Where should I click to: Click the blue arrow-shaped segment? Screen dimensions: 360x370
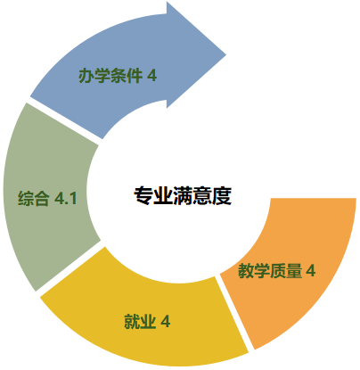(125, 74)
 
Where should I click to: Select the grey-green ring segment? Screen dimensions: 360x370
(47, 196)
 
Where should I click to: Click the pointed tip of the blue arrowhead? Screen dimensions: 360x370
(226, 54)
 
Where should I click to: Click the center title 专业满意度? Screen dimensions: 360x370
(183, 196)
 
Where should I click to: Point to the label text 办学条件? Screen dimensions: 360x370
(110, 76)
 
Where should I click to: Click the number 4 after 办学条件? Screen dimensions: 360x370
(151, 76)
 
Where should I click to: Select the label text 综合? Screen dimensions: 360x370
(33, 198)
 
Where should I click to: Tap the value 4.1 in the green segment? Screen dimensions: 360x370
(66, 198)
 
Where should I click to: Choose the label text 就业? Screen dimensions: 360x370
(140, 321)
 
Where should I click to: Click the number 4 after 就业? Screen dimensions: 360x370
(166, 321)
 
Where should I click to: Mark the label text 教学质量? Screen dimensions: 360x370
(270, 271)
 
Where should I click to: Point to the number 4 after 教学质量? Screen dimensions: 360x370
(311, 271)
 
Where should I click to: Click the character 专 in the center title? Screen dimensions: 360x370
(143, 196)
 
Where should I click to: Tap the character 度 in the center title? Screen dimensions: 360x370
(222, 196)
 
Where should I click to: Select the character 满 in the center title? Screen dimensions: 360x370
(183, 196)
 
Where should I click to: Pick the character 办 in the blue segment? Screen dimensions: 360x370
(86, 76)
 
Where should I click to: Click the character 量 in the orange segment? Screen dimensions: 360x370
(294, 271)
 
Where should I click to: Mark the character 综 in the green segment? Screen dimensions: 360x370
(26, 198)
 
